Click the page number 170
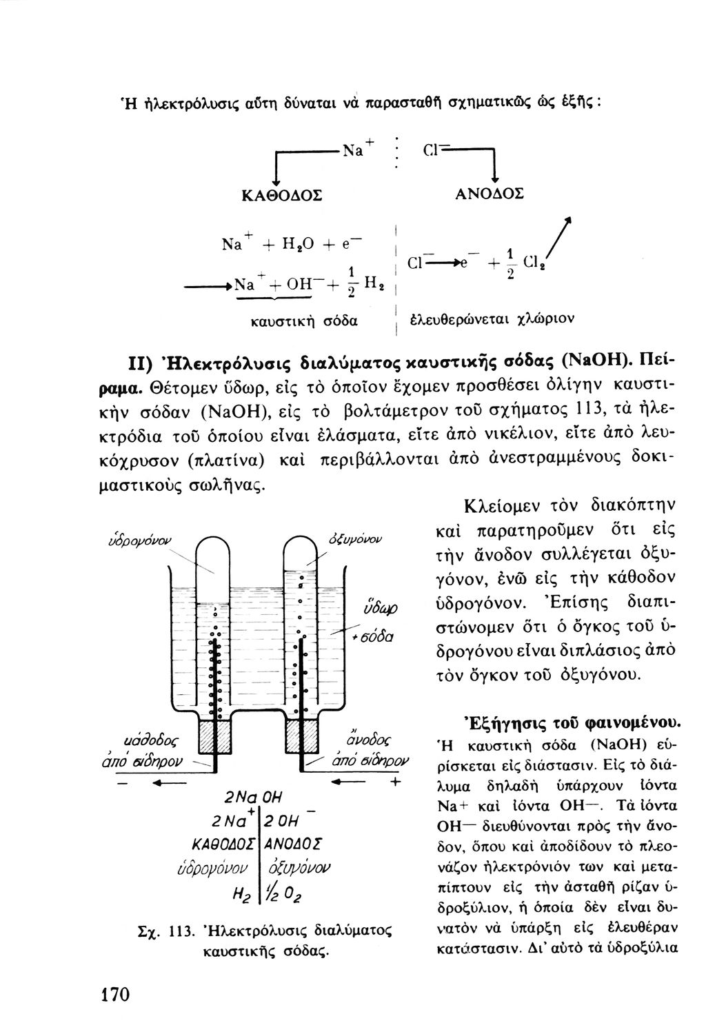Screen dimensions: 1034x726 (116, 994)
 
